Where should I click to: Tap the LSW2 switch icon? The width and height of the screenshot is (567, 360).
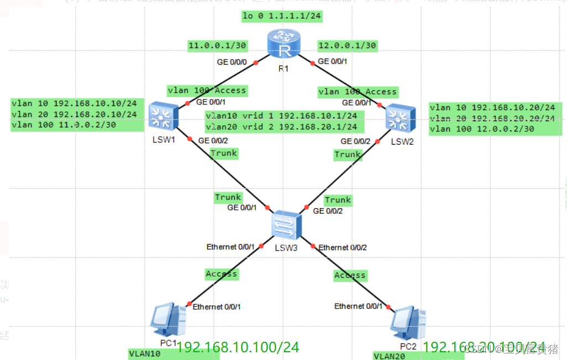pyautogui.click(x=398, y=117)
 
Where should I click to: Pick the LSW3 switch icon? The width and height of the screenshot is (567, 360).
pyautogui.click(x=286, y=224)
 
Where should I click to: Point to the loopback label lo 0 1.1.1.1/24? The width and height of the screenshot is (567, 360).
pyautogui.click(x=282, y=16)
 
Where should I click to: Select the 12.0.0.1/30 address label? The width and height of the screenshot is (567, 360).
pyautogui.click(x=347, y=46)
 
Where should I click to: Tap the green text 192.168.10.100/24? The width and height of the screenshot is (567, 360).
pyautogui.click(x=238, y=347)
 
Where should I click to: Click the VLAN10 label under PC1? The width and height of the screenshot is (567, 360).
pyautogui.click(x=145, y=353)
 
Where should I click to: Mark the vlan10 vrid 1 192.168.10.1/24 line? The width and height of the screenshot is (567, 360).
pyautogui.click(x=285, y=116)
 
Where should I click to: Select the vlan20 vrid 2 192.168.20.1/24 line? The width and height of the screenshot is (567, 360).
pyautogui.click(x=285, y=127)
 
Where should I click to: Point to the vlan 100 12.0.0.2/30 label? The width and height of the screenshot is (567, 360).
pyautogui.click(x=481, y=129)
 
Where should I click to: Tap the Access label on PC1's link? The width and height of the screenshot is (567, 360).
pyautogui.click(x=221, y=274)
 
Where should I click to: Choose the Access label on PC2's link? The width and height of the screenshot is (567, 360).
pyautogui.click(x=350, y=275)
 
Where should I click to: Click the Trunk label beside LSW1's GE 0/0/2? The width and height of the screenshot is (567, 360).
pyautogui.click(x=224, y=153)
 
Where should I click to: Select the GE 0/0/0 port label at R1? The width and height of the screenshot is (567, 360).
pyautogui.click(x=232, y=62)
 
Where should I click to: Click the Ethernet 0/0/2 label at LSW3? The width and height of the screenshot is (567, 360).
pyautogui.click(x=343, y=247)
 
